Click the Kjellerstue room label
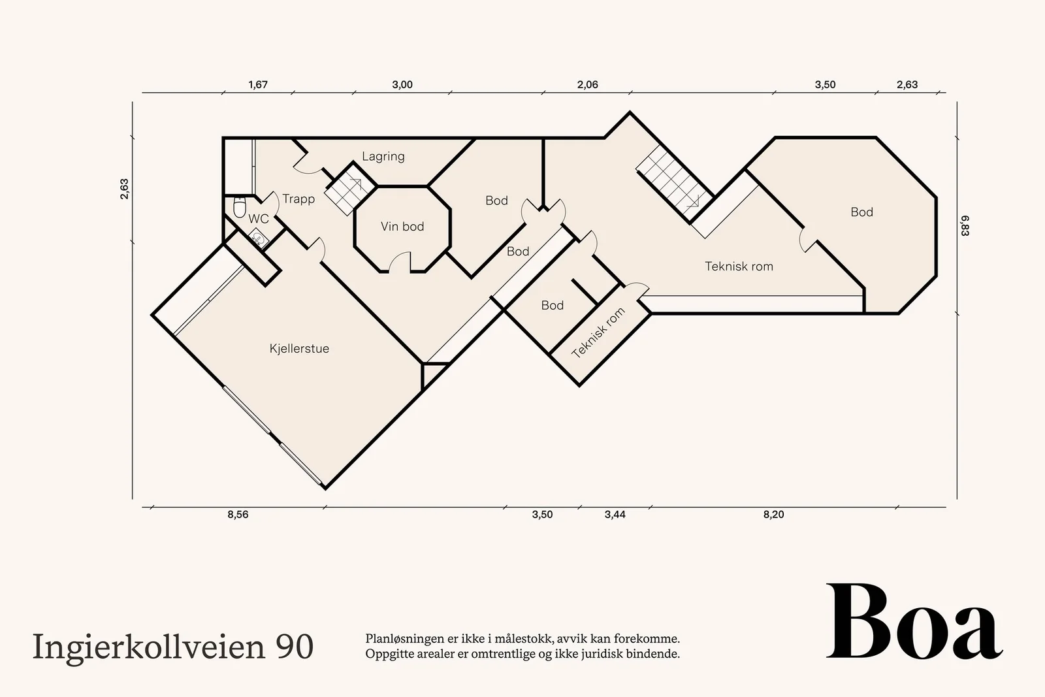(x=299, y=349)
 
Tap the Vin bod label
(x=402, y=227)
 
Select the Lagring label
(x=383, y=156)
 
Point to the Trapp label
(x=298, y=199)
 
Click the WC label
(x=259, y=219)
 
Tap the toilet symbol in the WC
(x=239, y=207)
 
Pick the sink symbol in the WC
(x=258, y=238)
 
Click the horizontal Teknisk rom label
(x=739, y=267)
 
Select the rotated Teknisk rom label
(x=598, y=333)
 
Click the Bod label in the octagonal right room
(x=861, y=212)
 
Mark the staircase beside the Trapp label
(x=350, y=189)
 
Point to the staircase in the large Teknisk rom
(x=675, y=184)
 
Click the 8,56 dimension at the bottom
(x=238, y=515)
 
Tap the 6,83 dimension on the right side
(x=965, y=225)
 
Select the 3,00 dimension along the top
(x=402, y=85)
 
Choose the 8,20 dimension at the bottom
(x=773, y=515)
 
